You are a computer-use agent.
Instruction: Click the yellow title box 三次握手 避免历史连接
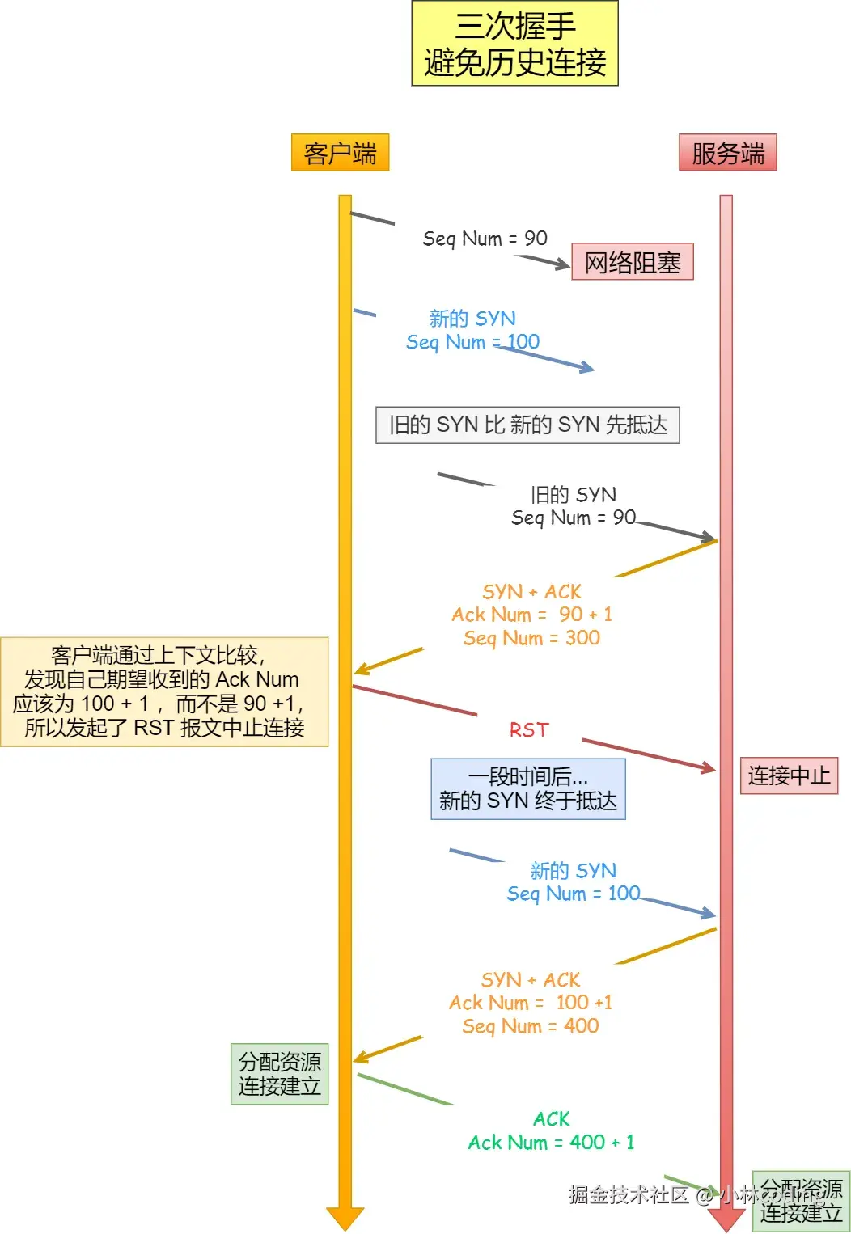point(514,44)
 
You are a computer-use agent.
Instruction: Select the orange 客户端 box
point(340,153)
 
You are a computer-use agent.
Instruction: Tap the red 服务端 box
point(727,153)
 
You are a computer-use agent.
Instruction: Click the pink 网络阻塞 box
point(633,262)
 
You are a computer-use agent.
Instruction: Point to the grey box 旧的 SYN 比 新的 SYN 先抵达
point(527,425)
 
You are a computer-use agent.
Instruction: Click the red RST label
point(529,730)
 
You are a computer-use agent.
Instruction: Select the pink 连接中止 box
point(789,776)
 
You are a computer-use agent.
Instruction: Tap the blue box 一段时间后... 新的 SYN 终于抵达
point(527,789)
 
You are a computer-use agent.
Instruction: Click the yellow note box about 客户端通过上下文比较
point(164,691)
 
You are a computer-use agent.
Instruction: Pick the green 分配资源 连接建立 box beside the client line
point(279,1074)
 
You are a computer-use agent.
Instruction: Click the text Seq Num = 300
point(531,638)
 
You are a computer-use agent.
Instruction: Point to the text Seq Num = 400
point(531,1026)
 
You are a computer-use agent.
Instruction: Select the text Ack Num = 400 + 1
point(551,1143)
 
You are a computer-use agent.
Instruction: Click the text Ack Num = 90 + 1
point(531,615)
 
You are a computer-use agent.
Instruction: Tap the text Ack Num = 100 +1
point(531,1003)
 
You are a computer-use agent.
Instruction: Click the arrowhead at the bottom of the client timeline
point(345,1218)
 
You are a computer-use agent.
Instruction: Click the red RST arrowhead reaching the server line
point(709,767)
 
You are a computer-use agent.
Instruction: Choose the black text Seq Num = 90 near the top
point(485,239)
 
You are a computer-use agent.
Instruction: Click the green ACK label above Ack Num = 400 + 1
point(551,1119)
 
